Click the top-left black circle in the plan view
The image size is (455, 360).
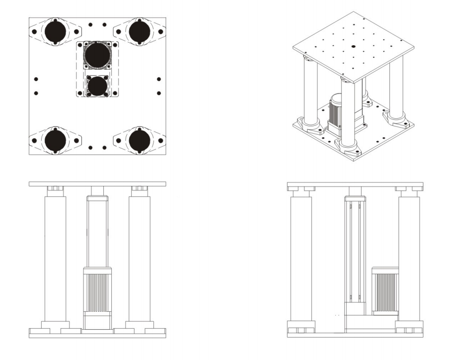point(55,33)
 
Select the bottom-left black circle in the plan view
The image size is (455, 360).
point(55,140)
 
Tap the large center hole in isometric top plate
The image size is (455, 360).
point(352,46)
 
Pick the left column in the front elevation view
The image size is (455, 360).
point(55,259)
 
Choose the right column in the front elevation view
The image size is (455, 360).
point(139,259)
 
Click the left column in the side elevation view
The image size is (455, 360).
point(301,259)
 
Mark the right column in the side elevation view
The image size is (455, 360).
point(409,259)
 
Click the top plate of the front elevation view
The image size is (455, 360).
point(97,184)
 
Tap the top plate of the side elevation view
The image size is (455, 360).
point(355,184)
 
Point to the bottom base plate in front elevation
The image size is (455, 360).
point(97,335)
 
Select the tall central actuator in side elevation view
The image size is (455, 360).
point(355,249)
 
